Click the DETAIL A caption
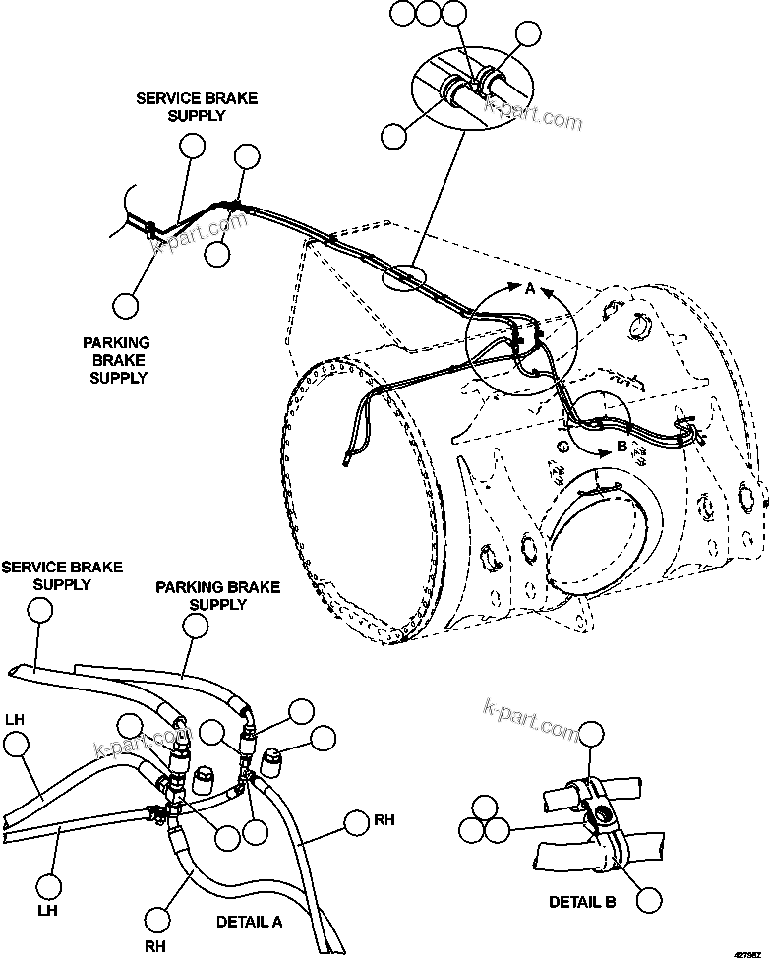(250, 922)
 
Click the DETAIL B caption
(582, 902)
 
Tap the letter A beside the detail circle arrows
(529, 289)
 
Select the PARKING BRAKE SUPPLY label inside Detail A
(217, 595)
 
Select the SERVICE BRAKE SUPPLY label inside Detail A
(62, 575)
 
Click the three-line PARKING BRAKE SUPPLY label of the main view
(116, 360)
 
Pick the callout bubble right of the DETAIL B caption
(648, 899)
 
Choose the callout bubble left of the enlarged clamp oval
(393, 137)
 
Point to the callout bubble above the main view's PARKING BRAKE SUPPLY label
(125, 306)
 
